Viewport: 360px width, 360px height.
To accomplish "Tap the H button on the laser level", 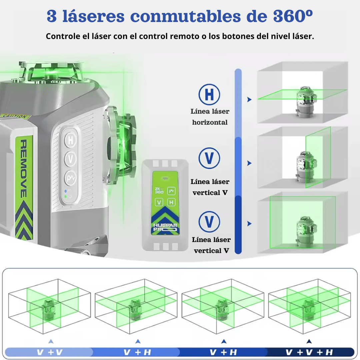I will (70, 140).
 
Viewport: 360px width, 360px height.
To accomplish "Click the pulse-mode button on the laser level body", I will (70, 178).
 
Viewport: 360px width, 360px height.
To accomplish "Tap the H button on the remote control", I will (171, 202).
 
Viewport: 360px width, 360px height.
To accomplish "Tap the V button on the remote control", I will (159, 202).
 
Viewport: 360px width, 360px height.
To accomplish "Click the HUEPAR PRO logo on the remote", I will (166, 229).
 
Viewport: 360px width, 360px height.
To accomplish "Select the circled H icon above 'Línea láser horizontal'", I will (209, 94).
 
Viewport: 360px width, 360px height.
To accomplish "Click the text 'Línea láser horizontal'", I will (210, 117).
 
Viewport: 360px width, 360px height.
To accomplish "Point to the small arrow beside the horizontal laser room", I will (249, 99).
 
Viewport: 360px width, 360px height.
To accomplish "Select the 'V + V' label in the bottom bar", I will (49, 352).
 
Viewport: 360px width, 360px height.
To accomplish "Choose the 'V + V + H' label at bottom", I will (309, 352).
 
